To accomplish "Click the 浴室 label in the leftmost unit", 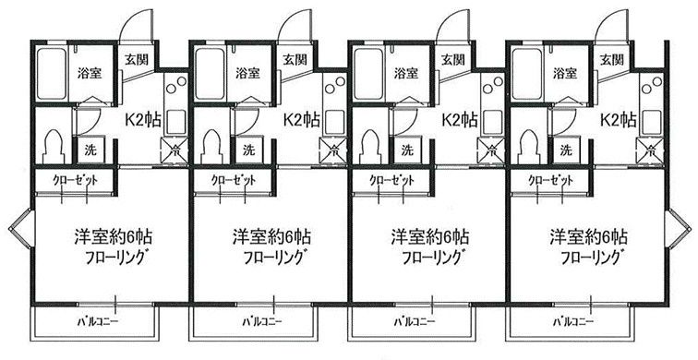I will [89, 74].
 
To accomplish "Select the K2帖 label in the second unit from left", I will [301, 119].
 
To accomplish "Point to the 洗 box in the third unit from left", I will [406, 150].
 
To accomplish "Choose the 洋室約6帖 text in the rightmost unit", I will [588, 236].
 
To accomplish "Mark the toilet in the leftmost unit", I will [54, 148].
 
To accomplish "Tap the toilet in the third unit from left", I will [371, 148].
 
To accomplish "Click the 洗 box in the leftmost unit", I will [90, 150].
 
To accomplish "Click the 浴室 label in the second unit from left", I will [247, 74].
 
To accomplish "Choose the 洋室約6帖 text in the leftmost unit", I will [113, 236].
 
